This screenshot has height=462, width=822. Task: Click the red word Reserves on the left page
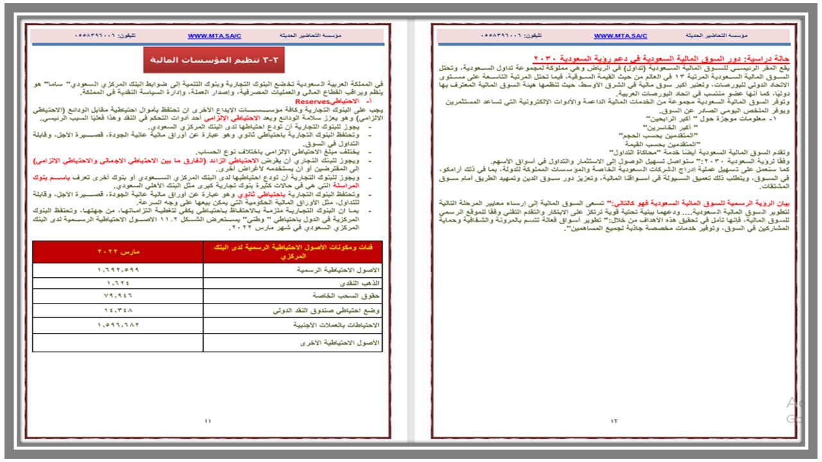[312, 101]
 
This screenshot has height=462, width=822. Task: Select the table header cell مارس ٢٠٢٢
[118, 252]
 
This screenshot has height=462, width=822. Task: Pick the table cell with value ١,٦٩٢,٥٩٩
[118, 270]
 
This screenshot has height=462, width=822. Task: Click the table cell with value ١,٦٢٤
[118, 282]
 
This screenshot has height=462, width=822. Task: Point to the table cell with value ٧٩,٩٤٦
[118, 296]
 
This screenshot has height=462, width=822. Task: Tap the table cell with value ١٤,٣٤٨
[118, 310]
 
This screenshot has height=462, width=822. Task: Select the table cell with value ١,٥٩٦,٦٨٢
[118, 325]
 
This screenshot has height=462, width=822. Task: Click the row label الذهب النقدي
[359, 282]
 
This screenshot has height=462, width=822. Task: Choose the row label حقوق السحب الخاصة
[347, 296]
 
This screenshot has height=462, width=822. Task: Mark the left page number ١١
[207, 421]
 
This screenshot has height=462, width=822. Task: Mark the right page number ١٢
[614, 421]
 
